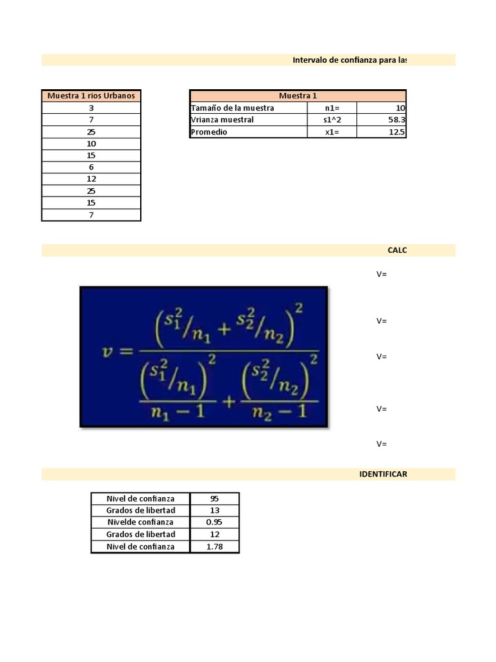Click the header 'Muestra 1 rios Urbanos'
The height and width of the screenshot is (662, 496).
click(x=91, y=96)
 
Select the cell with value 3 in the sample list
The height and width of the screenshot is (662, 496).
click(x=91, y=108)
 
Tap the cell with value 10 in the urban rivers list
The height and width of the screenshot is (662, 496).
click(x=91, y=144)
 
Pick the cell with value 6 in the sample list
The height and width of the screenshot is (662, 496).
click(x=91, y=167)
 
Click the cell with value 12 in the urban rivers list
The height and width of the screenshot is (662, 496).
click(x=91, y=179)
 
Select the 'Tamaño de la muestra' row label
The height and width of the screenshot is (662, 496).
click(x=232, y=108)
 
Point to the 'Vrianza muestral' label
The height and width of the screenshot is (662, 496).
click(x=222, y=120)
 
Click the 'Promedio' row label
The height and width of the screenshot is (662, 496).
click(x=209, y=132)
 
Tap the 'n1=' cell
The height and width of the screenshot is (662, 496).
click(x=332, y=108)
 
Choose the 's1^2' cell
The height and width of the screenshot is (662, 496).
click(x=332, y=120)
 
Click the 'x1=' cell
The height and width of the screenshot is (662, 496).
click(x=332, y=132)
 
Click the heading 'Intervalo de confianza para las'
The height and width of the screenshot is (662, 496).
click(x=349, y=60)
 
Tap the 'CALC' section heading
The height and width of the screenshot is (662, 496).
click(x=397, y=250)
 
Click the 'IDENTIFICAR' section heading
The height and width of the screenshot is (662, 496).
click(x=383, y=474)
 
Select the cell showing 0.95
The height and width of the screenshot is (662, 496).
click(x=214, y=522)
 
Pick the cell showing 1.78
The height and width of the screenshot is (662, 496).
click(x=214, y=546)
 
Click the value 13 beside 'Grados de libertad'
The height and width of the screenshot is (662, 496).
click(x=214, y=510)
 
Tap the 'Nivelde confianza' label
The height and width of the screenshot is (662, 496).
click(x=141, y=522)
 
